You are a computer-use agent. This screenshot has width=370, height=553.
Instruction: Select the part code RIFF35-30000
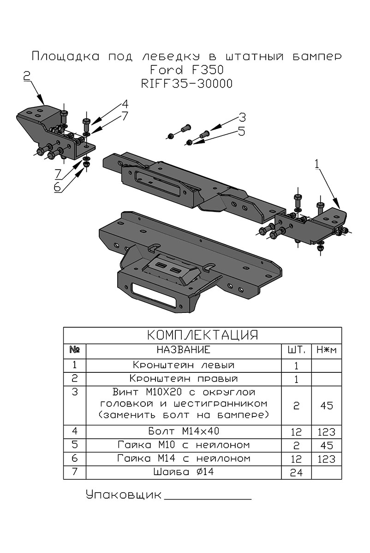click(186, 84)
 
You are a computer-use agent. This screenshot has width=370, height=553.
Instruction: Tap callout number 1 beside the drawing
click(316, 163)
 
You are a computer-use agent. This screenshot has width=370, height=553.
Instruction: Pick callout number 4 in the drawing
click(125, 103)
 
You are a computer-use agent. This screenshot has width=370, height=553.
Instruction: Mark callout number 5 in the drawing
click(242, 132)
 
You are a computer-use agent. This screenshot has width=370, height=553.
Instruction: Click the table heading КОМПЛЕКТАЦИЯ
click(202, 335)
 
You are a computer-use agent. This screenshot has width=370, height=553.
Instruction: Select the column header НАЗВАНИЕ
click(184, 350)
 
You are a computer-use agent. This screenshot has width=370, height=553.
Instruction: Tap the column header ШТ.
click(296, 350)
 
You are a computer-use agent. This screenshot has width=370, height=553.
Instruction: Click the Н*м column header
click(327, 350)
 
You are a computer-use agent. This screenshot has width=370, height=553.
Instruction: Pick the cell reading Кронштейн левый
click(184, 365)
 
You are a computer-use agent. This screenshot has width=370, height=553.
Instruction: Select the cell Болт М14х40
click(184, 431)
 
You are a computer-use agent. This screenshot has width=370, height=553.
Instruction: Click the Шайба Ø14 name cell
click(184, 472)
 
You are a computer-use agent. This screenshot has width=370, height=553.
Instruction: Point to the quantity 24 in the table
click(296, 473)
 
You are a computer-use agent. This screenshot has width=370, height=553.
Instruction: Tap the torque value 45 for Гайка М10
click(327, 446)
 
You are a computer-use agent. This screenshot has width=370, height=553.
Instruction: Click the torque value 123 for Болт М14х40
click(327, 432)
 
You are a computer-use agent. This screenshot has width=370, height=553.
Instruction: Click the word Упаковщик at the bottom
click(124, 495)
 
